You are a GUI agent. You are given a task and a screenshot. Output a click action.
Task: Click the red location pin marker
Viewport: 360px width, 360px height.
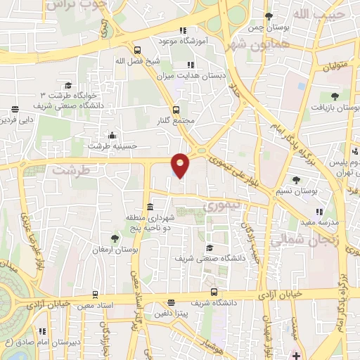pyautogui.click(x=181, y=165)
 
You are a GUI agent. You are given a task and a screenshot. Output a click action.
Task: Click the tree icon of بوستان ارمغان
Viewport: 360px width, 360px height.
pyautogui.click(x=115, y=239)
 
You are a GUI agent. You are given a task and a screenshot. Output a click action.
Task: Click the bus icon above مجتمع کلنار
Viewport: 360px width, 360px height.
pyautogui.click(x=176, y=109)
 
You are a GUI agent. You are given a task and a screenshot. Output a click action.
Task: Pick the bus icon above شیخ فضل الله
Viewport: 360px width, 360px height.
pyautogui.click(x=136, y=50)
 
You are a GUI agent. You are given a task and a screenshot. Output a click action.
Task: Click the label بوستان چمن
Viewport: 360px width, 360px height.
pyautogui.click(x=266, y=28)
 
